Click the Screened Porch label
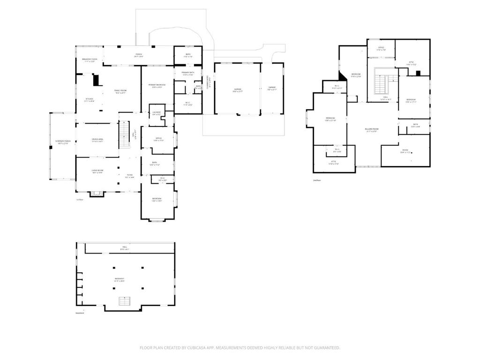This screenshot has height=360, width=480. point(62,143)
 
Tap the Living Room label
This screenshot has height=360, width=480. point(97,172)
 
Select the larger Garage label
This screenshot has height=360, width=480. point(238,89)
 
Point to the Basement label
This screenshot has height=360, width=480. point(120,279)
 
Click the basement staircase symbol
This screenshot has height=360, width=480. point(124,301)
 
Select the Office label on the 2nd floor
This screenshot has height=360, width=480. point(381,48)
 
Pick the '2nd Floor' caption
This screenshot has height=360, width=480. point(317,180)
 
